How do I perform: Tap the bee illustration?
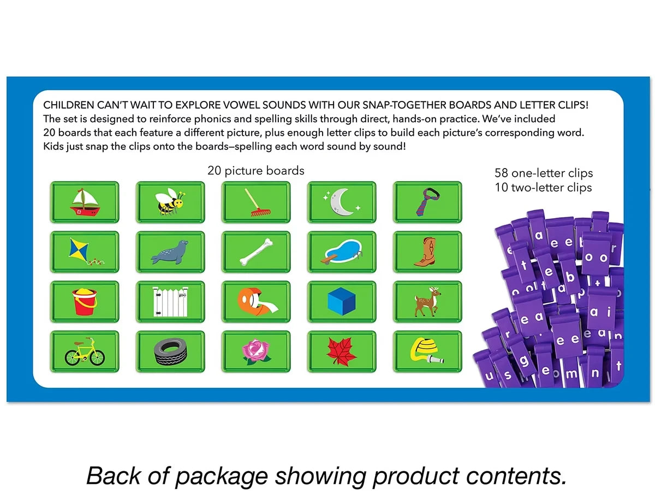[x=170, y=201]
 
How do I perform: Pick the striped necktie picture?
[x=427, y=202]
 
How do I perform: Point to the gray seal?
[x=170, y=252]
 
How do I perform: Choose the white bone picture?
[x=256, y=252]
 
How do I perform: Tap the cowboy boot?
[x=425, y=252]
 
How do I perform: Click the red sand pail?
[x=85, y=301]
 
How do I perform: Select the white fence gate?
[x=170, y=302]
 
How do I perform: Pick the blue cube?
[x=342, y=301]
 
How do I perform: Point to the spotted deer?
[x=427, y=301]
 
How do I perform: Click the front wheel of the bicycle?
[x=97, y=357]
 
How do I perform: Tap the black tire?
[x=170, y=351]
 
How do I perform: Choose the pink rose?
[x=256, y=351]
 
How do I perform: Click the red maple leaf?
[x=342, y=351]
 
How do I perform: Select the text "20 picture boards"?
[x=256, y=171]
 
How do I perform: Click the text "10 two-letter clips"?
[x=543, y=188]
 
